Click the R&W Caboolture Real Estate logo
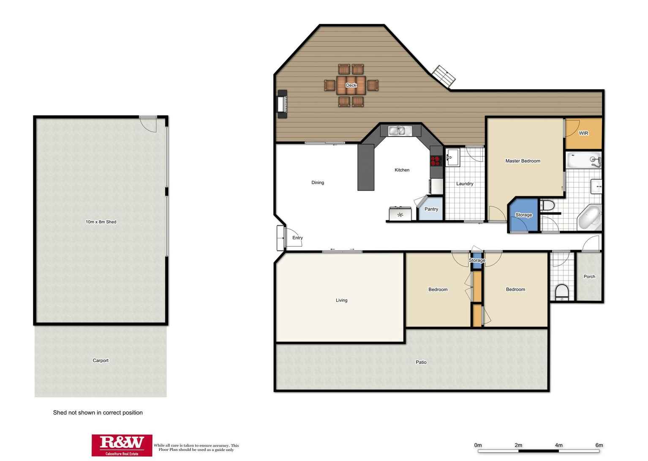pyautogui.click(x=122, y=445)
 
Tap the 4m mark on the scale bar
pyautogui.click(x=558, y=445)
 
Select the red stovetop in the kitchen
pyautogui.click(x=436, y=161)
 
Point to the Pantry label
pyautogui.click(x=431, y=209)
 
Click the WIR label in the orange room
pyautogui.click(x=583, y=133)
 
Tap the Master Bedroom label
pyautogui.click(x=523, y=161)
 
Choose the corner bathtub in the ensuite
pyautogui.click(x=589, y=217)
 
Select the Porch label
pyautogui.click(x=589, y=276)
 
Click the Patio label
pyautogui.click(x=421, y=362)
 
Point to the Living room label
pyautogui.click(x=341, y=300)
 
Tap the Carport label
pyautogui.click(x=101, y=360)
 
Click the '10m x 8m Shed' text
pyautogui.click(x=101, y=222)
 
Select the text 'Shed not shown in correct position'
pyautogui.click(x=98, y=412)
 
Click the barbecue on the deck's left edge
pyautogui.click(x=282, y=104)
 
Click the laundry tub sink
pyautogui.click(x=452, y=157)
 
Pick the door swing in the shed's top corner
pyautogui.click(x=148, y=124)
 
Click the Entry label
pyautogui.click(x=297, y=237)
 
